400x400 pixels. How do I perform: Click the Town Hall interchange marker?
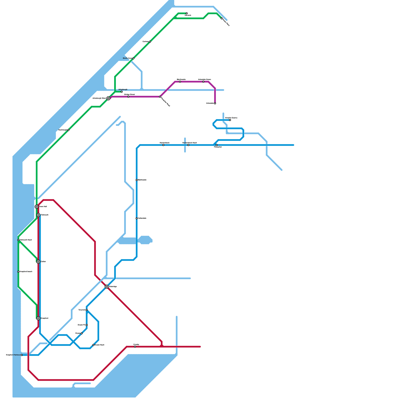[x=37, y=207]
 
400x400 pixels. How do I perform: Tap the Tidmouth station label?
[x=45, y=215]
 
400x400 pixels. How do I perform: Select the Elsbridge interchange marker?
[x=107, y=287]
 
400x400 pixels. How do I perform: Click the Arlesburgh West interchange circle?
[x=108, y=98]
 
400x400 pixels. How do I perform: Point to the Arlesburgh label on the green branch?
[x=123, y=89]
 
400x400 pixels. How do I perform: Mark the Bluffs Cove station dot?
[x=133, y=58]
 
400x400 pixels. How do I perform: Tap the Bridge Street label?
[x=129, y=94]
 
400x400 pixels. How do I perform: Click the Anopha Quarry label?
[x=231, y=118]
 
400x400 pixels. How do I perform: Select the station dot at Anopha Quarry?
[x=230, y=120]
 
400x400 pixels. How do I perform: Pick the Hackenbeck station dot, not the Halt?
[x=163, y=145]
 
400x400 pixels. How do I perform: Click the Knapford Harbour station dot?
[x=22, y=355]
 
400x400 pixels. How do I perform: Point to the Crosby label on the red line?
[x=136, y=344]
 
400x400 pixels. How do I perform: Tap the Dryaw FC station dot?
[x=87, y=325]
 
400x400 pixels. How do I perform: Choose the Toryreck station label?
[x=82, y=310]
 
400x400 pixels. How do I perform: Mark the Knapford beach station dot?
[x=18, y=272]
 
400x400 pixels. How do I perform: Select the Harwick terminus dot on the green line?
[x=187, y=13]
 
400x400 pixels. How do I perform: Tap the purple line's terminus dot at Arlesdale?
[x=215, y=103]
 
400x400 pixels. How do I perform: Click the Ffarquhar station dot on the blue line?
[x=217, y=145]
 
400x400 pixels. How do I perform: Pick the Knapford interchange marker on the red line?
[x=38, y=318]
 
